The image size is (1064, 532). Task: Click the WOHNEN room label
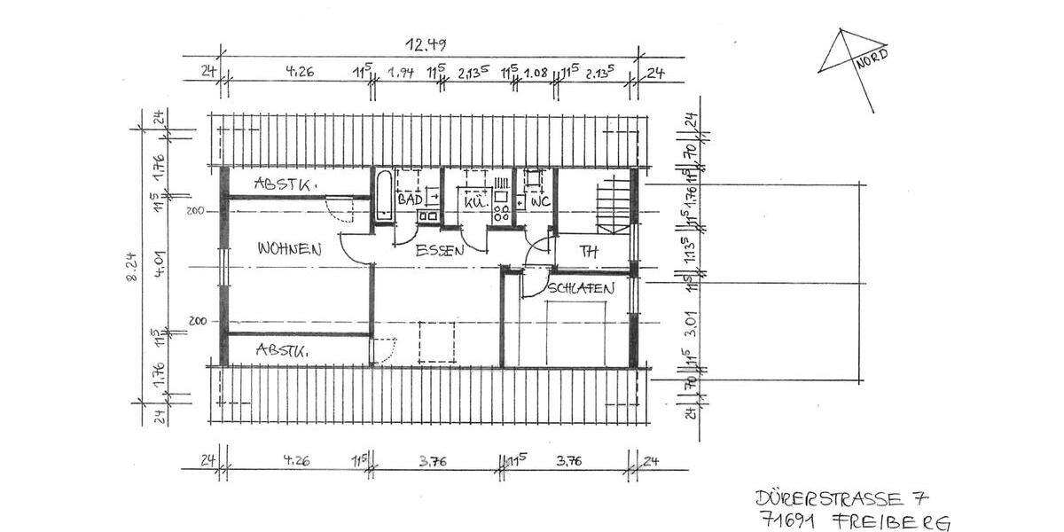pos(289,249)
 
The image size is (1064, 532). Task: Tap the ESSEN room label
pos(440,251)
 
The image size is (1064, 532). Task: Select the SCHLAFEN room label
pos(581,288)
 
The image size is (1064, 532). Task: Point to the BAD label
pos(410,201)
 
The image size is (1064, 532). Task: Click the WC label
pos(541,202)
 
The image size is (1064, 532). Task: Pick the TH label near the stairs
pos(589,252)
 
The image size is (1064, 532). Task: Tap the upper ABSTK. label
pos(286,184)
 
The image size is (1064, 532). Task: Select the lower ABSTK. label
pos(282,350)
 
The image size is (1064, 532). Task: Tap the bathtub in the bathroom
pos(383,196)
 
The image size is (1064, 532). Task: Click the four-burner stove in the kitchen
pos(501,212)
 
